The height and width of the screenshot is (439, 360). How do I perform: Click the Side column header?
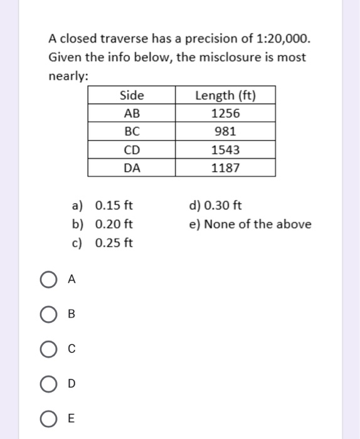[131, 95]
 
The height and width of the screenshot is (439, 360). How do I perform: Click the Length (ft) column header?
[226, 95]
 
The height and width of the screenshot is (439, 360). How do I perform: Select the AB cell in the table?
[132, 114]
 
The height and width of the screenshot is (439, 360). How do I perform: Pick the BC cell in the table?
[132, 132]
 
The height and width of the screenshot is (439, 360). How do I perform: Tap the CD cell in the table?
[132, 150]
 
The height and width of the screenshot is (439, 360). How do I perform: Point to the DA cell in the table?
[132, 167]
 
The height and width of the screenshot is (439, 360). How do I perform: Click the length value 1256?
[226, 114]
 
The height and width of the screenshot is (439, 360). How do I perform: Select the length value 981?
[226, 132]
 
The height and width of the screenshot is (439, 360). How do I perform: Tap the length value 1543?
[226, 150]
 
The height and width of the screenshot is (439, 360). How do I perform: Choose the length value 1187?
[226, 167]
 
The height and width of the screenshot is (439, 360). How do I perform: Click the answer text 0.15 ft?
[114, 206]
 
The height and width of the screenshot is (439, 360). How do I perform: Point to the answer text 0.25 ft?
[114, 243]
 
